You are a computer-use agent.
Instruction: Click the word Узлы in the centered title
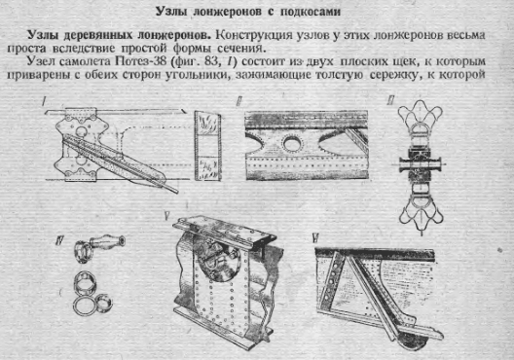[170, 12]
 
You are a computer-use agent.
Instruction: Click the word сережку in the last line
[394, 75]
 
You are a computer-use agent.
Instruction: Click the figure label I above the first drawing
[43, 101]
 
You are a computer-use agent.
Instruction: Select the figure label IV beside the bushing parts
[59, 241]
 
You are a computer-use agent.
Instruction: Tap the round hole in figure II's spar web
[292, 143]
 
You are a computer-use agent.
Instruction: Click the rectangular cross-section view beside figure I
[207, 146]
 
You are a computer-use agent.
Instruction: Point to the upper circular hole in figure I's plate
[80, 131]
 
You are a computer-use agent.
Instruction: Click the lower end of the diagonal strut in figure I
[176, 191]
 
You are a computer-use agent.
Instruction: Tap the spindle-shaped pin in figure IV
[106, 241]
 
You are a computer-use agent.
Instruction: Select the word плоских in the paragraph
[363, 61]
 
